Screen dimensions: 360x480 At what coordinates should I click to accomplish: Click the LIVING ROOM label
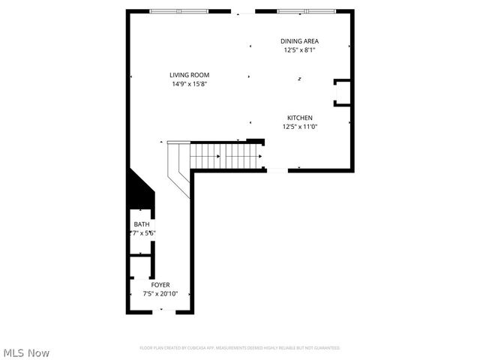pos(189,75)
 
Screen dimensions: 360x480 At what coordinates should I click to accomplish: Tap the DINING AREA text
pos(299,41)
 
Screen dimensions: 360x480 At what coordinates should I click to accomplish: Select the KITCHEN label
pos(299,118)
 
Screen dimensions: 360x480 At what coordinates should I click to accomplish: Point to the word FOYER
pos(160,285)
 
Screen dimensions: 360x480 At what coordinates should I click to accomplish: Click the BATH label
pos(142,224)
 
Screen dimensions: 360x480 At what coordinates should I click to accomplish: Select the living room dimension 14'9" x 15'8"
pos(189,84)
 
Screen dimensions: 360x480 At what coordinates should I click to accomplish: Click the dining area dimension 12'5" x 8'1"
pos(299,50)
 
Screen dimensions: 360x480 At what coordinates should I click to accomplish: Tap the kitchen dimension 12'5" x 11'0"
pos(299,127)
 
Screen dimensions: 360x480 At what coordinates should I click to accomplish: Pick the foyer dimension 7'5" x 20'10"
pos(160,294)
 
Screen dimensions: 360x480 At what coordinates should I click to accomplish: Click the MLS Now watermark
pos(27,352)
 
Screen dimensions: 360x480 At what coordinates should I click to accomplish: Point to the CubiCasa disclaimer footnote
pos(240,348)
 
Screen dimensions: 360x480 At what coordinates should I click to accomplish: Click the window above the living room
pos(178,11)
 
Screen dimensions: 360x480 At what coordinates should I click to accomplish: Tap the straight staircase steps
pos(225,156)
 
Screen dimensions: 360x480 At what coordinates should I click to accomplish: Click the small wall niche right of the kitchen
pos(342,92)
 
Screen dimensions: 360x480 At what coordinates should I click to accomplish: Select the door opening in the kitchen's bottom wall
pos(277,170)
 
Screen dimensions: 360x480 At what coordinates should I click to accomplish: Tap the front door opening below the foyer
pos(164,312)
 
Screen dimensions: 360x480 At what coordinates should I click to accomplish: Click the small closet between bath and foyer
pos(140,266)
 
